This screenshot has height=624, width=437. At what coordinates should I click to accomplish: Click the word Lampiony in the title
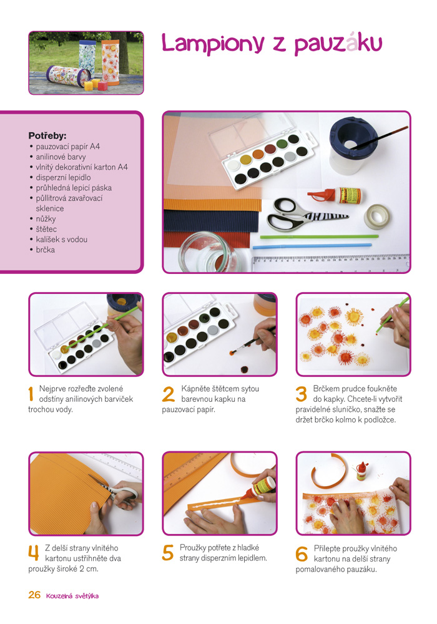point(213,44)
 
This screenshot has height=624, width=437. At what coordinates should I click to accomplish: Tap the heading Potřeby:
point(47,135)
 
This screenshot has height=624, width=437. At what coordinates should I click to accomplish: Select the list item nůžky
point(46,219)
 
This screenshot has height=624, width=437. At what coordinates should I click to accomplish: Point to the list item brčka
point(45,250)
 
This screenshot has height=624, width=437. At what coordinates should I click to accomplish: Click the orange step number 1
point(31,394)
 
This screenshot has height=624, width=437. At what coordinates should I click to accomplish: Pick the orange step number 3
point(302,394)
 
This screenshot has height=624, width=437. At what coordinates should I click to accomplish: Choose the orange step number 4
point(34,553)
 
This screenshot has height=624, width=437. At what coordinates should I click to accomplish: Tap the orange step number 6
point(302,553)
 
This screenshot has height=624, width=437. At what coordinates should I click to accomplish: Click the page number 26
point(34,595)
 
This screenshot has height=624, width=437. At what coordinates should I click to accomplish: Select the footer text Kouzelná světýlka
point(72,596)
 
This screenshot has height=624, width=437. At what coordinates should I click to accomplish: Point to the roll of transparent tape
point(377,217)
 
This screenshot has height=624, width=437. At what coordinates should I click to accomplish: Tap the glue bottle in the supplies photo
point(335,195)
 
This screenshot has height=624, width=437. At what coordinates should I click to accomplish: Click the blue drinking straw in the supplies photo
point(312,246)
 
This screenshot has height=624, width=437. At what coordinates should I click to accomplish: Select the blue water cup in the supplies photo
point(349,145)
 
